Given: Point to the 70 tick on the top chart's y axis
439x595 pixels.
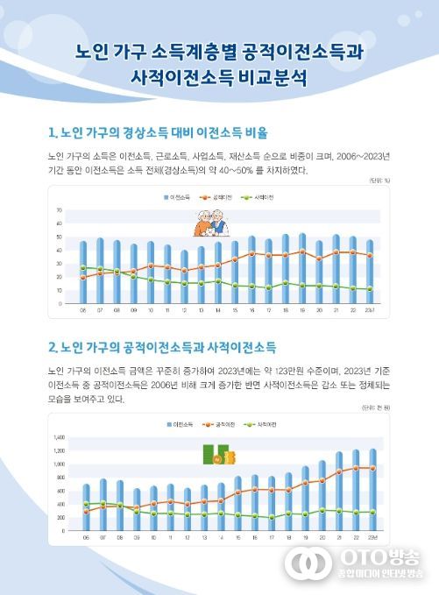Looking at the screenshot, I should coord(59,211).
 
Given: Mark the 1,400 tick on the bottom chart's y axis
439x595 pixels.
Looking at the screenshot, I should coord(60,436).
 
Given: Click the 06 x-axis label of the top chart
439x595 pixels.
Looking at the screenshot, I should coord(83,310).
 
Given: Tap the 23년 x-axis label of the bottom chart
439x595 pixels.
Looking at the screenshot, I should coord(372,537).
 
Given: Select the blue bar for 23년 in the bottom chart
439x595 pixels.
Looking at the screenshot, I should coord(372,491).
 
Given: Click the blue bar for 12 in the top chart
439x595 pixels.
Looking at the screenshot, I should coord(184,277).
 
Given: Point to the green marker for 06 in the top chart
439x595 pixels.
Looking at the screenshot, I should coord(83,267).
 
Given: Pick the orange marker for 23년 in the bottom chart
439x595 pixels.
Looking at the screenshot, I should coord(372,468).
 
